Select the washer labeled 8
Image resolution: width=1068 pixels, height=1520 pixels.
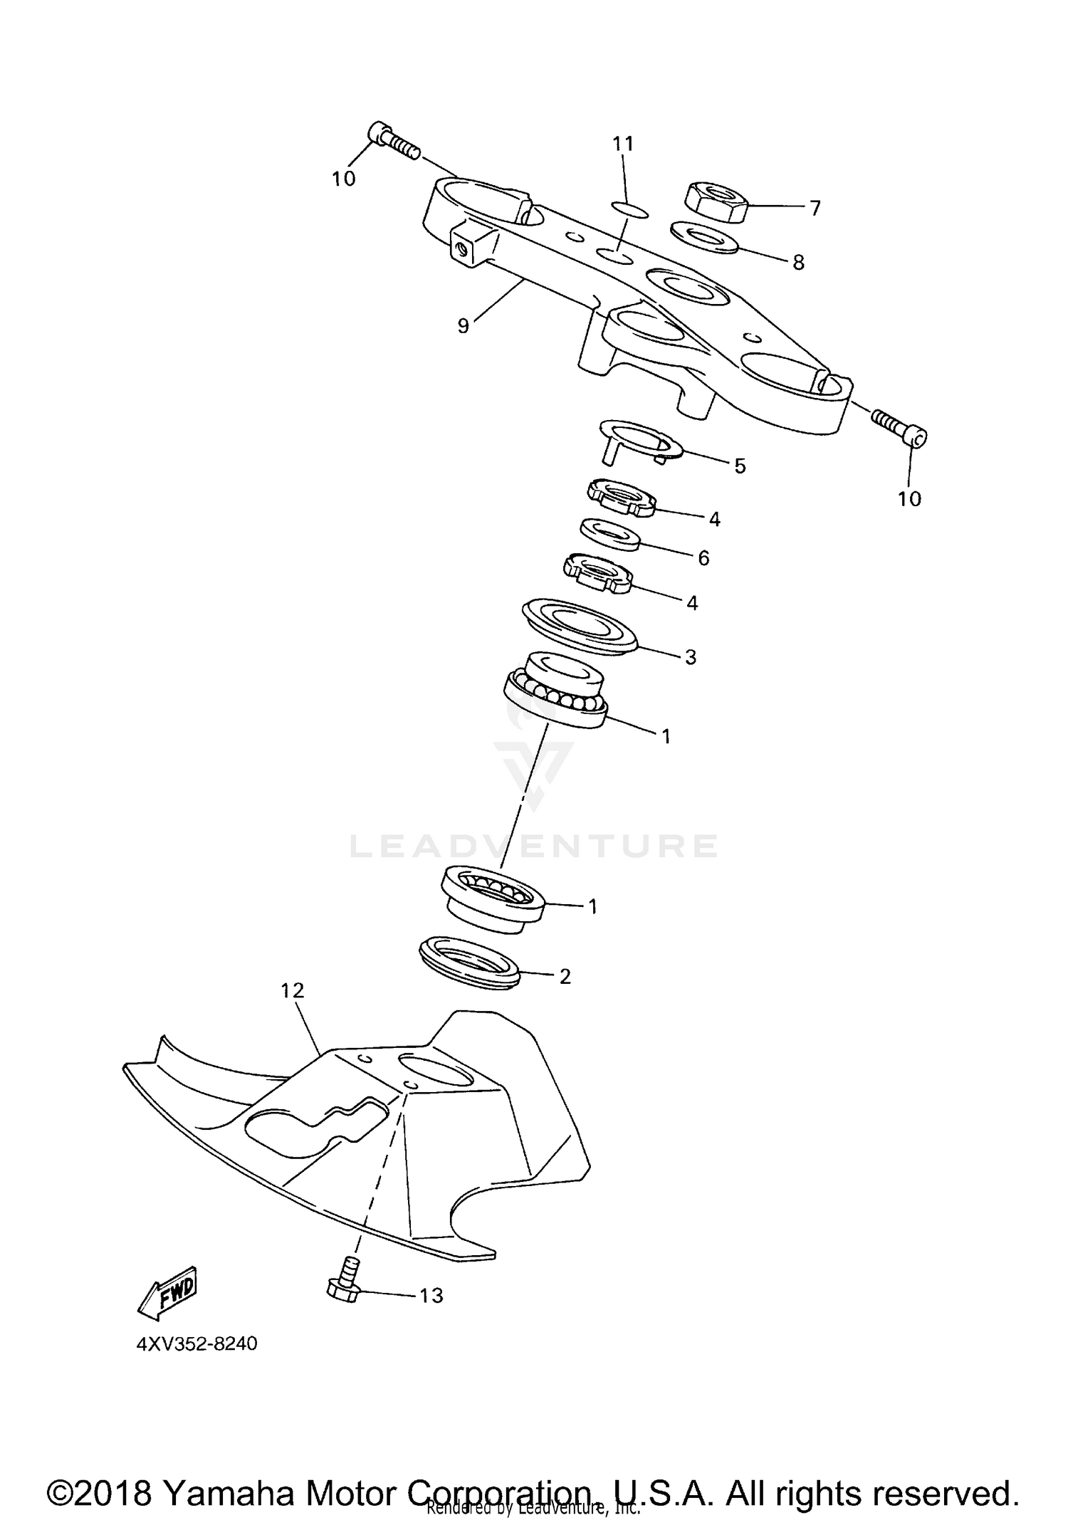click(705, 238)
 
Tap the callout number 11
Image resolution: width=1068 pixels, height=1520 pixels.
click(623, 144)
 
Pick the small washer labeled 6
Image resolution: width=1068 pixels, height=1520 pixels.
click(611, 534)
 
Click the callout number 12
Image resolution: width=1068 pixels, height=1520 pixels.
click(293, 990)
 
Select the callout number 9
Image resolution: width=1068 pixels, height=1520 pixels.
click(463, 326)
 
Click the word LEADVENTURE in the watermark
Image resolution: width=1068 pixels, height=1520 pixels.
click(534, 846)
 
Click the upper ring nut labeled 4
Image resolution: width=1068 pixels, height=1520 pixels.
click(621, 496)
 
